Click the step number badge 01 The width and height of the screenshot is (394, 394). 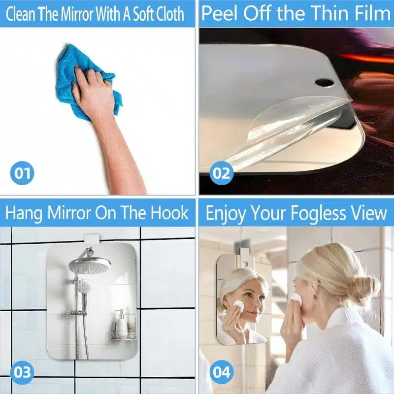point(22,173)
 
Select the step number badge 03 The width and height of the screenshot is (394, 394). point(22,371)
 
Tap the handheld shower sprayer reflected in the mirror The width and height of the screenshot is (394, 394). point(84,287)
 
